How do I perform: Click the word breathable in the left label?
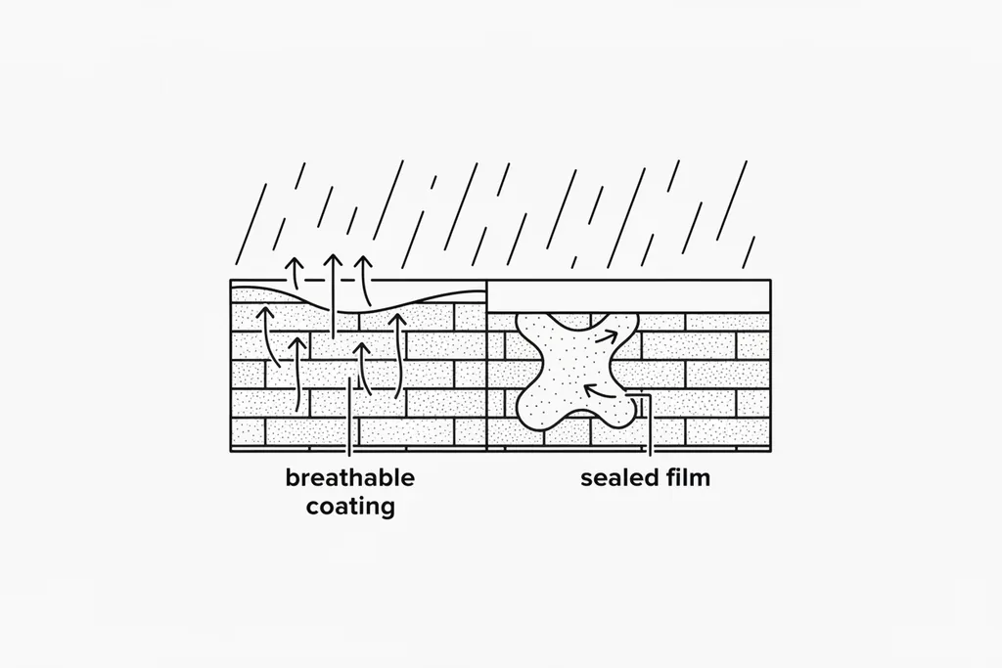(x=350, y=477)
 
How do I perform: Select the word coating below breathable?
(x=350, y=507)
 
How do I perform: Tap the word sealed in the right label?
(x=619, y=477)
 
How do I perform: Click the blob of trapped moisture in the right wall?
(x=575, y=371)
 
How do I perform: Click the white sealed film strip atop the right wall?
(x=629, y=295)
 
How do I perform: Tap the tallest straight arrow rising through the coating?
(x=333, y=296)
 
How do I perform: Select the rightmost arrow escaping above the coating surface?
(x=365, y=281)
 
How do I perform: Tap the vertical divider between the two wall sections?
(x=487, y=365)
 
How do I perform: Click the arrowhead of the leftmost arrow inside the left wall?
(x=266, y=312)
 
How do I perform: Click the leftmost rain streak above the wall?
(x=250, y=224)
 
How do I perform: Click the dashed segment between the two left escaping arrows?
(x=314, y=281)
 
